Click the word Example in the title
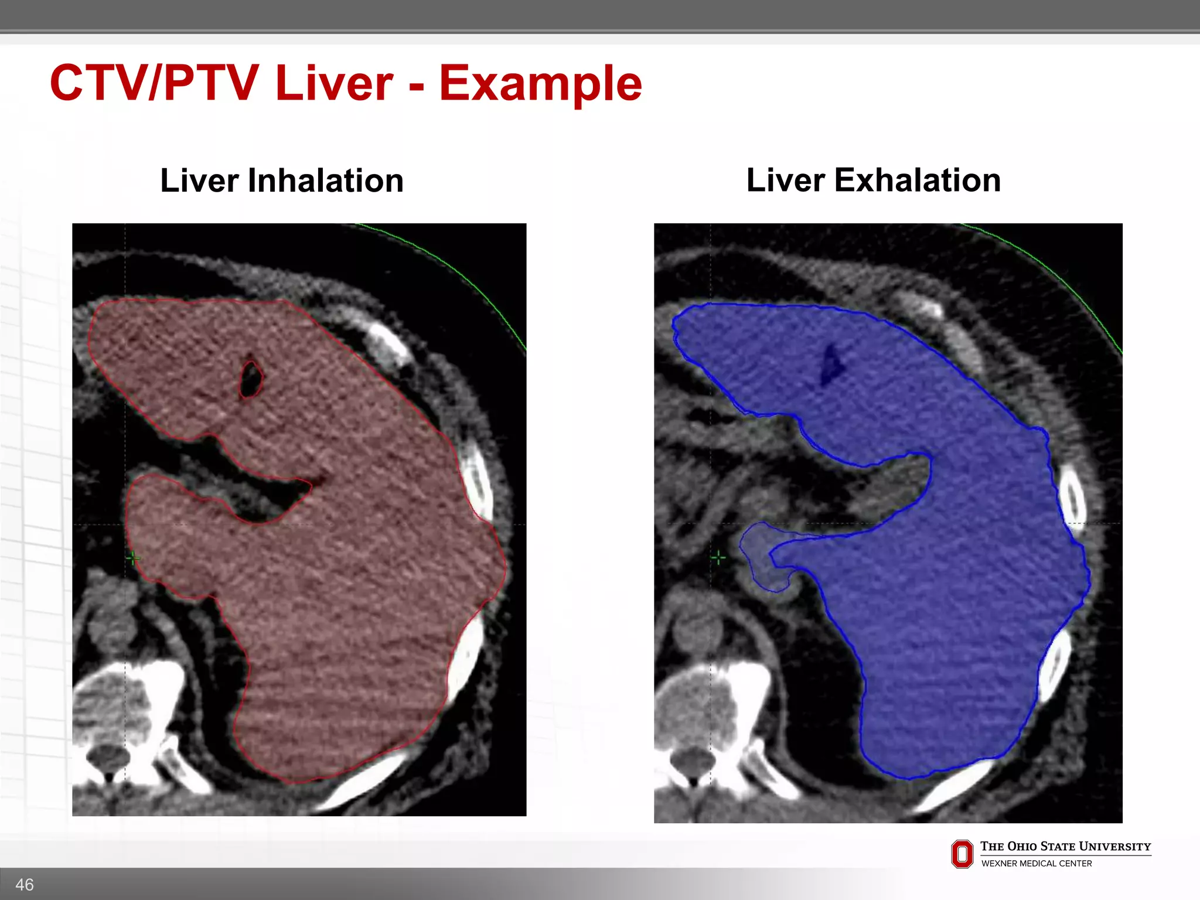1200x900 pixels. click(540, 84)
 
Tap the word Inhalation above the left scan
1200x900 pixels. click(326, 180)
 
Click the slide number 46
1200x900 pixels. click(25, 884)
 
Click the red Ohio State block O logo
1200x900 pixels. click(962, 854)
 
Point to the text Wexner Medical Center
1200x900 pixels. click(1036, 863)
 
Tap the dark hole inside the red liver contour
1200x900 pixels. click(251, 379)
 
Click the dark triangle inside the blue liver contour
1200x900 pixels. click(831, 365)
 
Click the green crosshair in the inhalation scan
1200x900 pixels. click(133, 558)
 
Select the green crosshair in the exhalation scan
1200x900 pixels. click(718, 558)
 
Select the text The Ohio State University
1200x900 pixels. click(1065, 846)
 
